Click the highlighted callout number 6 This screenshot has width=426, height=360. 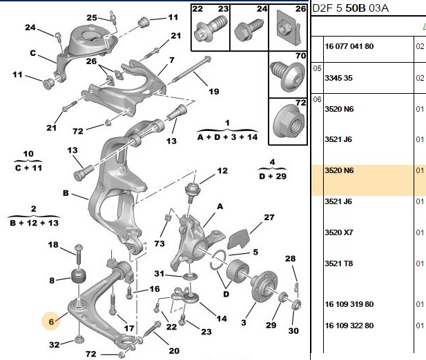[51, 321]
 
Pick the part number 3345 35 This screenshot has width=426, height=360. [338, 78]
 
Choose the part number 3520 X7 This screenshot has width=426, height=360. [338, 232]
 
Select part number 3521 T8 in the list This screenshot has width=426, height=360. [338, 263]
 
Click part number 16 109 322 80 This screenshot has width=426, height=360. [349, 326]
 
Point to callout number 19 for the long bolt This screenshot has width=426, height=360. [214, 92]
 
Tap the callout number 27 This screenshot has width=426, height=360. [269, 217]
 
